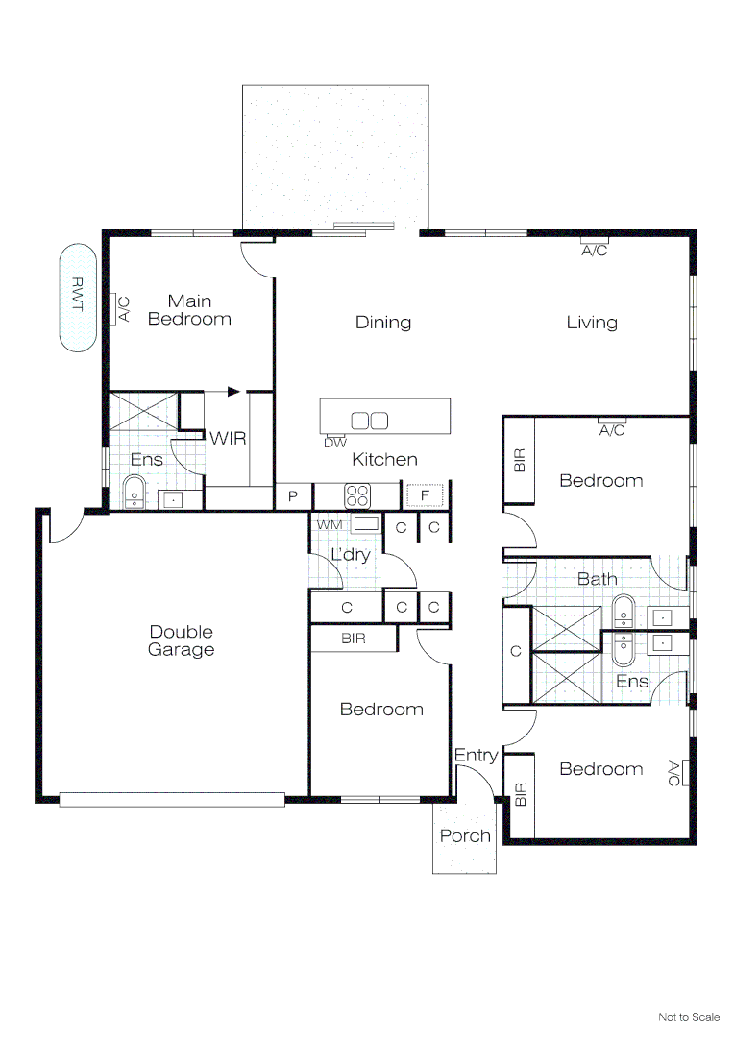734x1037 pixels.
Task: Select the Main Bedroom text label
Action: [x=189, y=310]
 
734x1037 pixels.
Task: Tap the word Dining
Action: [x=383, y=323]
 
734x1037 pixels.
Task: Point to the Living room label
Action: [x=591, y=323]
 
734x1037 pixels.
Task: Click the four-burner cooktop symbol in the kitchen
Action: [x=357, y=495]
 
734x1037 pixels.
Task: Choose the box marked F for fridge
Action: [x=425, y=495]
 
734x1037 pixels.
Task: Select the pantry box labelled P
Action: [x=292, y=496]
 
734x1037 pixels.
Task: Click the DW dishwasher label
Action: [x=334, y=443]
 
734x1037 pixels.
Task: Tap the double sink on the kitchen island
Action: [x=370, y=421]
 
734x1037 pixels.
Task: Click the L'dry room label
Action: [x=350, y=555]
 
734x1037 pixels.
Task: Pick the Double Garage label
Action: [x=182, y=640]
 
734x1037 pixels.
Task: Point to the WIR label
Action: [x=228, y=439]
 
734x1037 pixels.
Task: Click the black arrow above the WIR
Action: [x=233, y=392]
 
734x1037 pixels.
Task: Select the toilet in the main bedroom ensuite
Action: [x=135, y=490]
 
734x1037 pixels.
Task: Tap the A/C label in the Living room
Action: [x=595, y=252]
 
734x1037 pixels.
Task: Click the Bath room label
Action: [x=597, y=579]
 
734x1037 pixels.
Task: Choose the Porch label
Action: [x=465, y=836]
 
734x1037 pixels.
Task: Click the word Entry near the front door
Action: [x=476, y=756]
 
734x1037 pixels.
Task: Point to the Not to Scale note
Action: [x=688, y=1017]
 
